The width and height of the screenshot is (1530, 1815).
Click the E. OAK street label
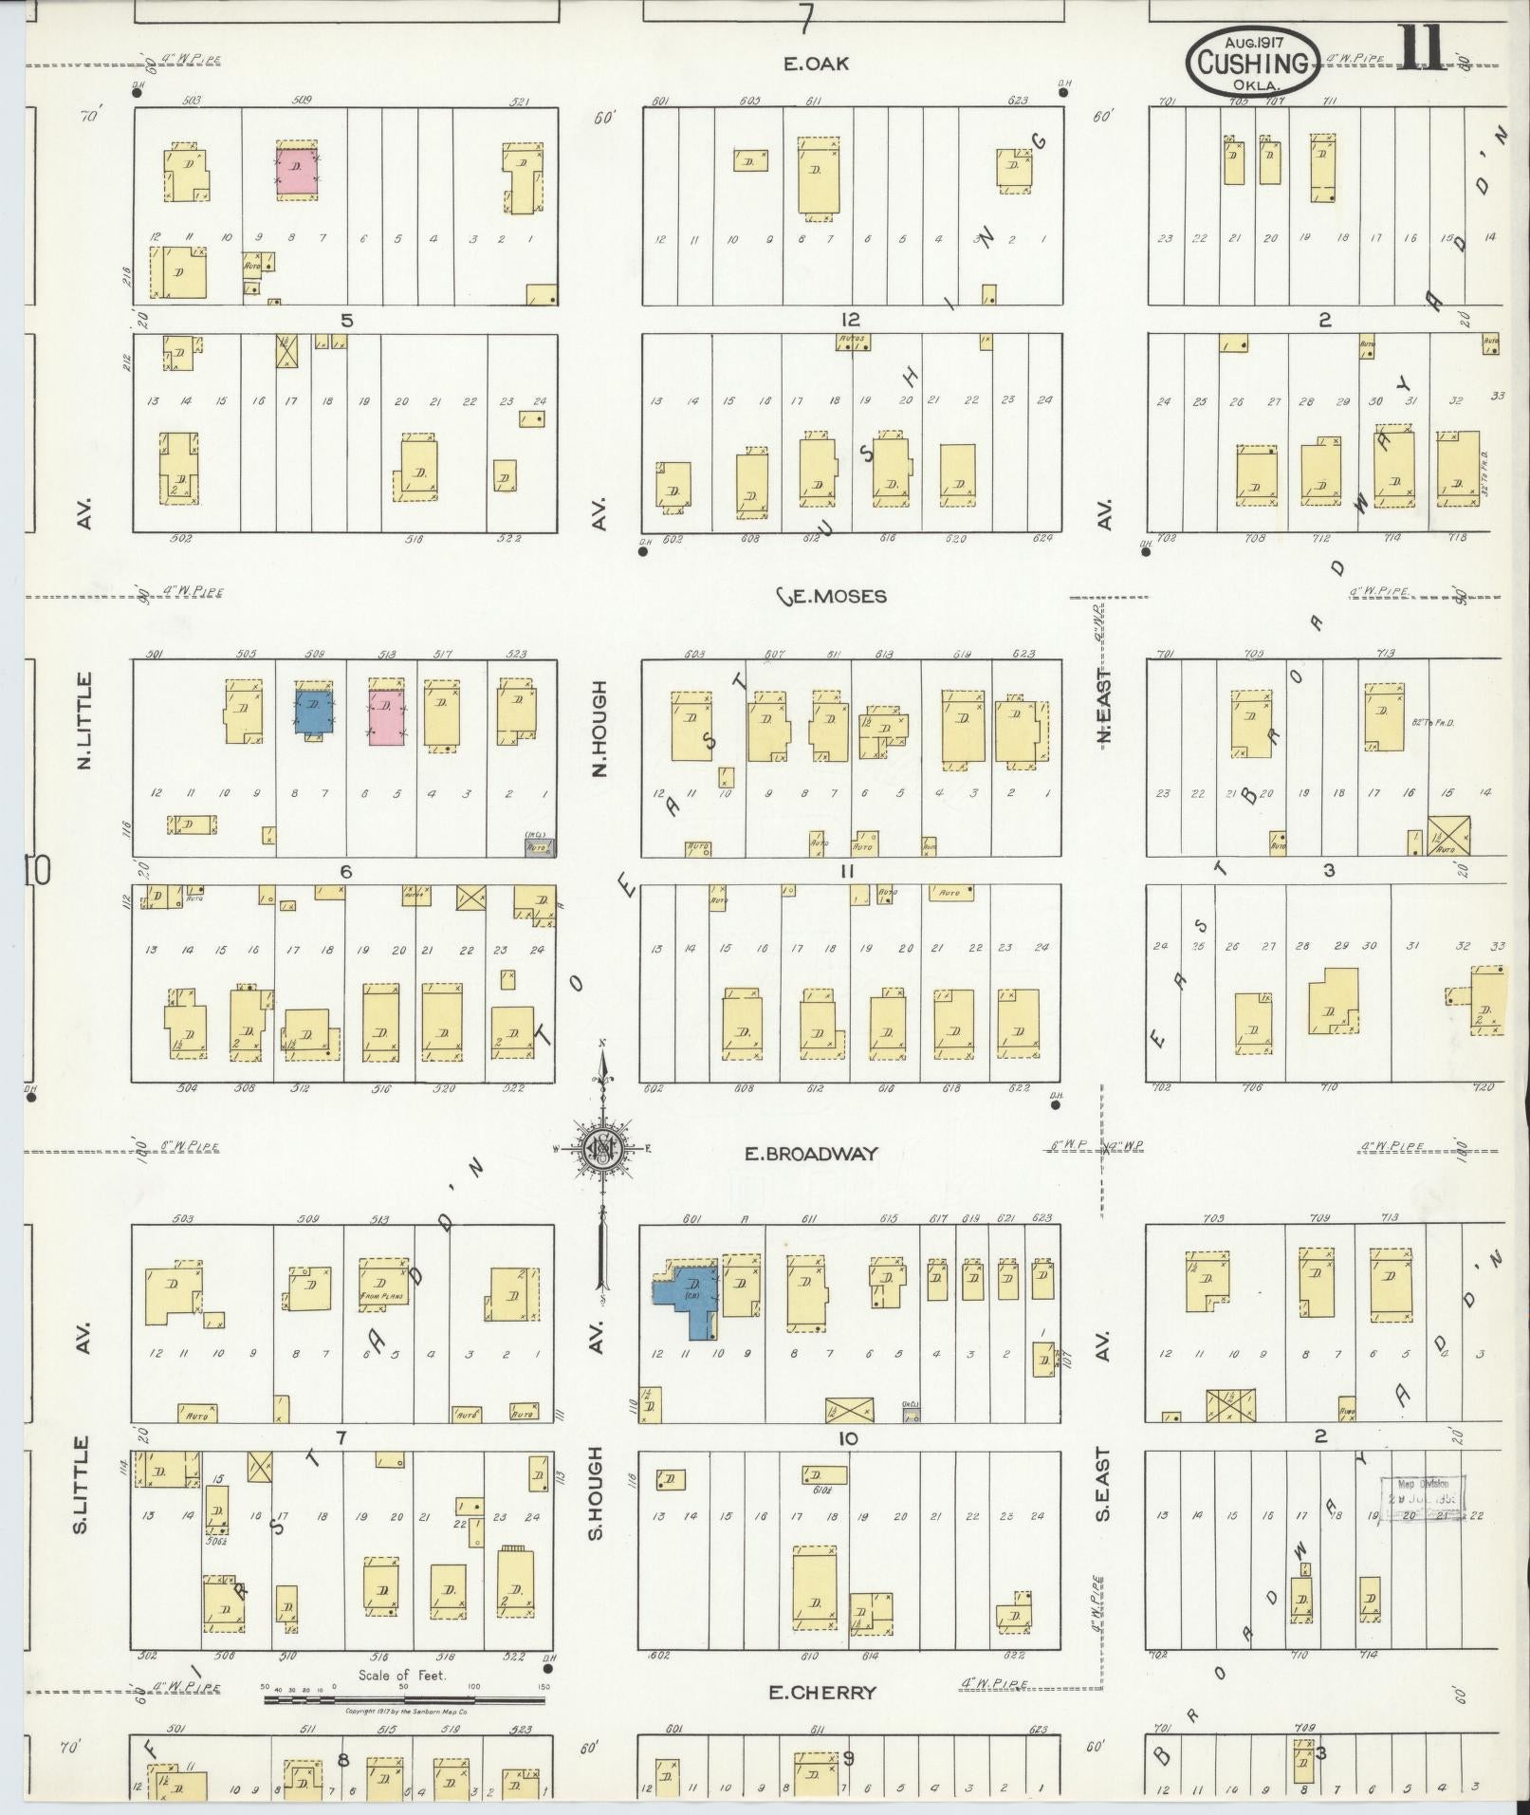tap(815, 64)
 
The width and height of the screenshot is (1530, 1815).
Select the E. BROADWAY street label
tap(810, 1154)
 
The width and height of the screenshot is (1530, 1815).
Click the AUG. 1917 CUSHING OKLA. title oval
tap(1252, 61)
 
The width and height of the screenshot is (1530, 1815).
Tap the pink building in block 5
tap(297, 172)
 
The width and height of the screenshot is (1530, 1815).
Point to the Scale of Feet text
tap(401, 1676)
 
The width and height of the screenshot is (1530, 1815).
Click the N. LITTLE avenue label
tap(84, 720)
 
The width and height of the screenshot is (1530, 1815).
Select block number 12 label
tap(848, 320)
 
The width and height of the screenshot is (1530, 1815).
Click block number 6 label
tap(346, 871)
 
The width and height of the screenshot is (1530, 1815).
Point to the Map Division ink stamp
tap(1421, 1497)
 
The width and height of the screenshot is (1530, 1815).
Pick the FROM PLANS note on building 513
tap(383, 1294)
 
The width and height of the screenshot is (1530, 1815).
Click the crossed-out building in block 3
tap(1449, 834)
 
